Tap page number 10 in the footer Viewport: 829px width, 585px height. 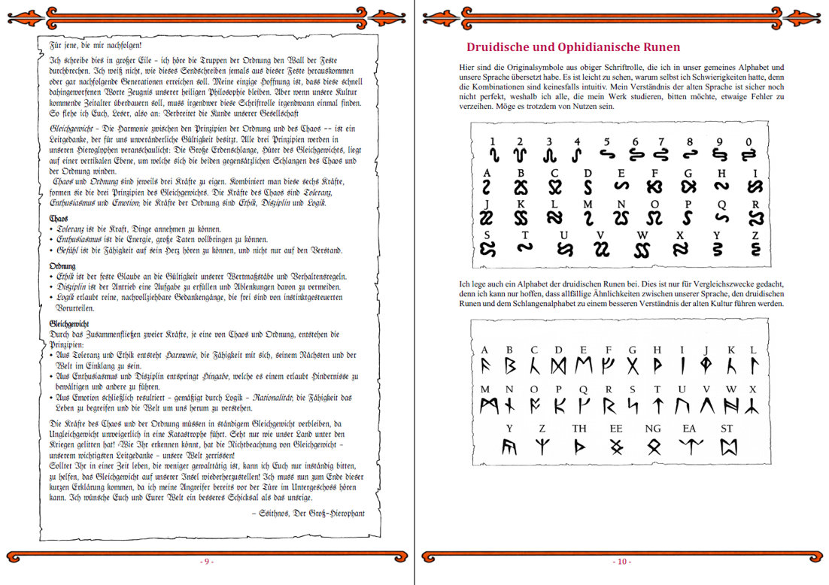[621, 562]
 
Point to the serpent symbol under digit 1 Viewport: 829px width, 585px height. [493, 155]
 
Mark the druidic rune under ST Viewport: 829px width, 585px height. [727, 447]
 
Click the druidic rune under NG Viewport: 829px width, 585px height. [654, 447]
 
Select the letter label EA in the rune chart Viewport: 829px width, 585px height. [690, 429]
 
